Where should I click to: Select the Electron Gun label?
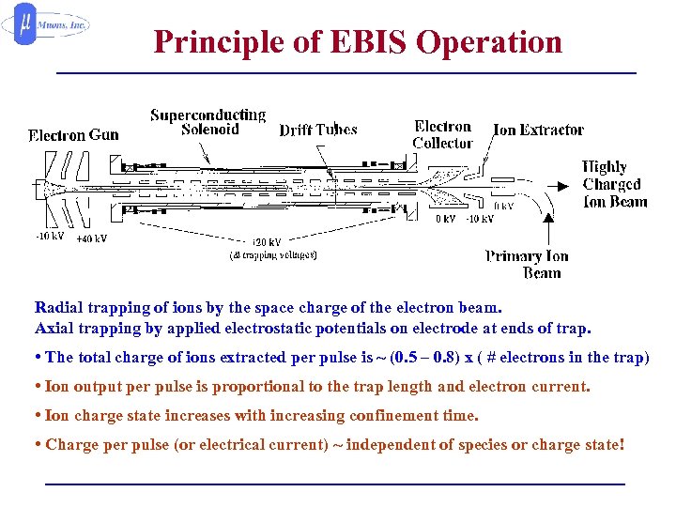[73, 134]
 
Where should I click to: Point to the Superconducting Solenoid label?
[208, 122]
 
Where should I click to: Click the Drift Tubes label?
[318, 130]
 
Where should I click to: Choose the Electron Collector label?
[442, 134]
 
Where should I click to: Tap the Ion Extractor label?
[538, 130]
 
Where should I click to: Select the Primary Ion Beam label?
[528, 264]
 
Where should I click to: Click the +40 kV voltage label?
[91, 238]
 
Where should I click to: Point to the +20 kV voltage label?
[268, 241]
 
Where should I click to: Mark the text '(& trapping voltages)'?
[273, 254]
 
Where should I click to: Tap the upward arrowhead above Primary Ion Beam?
[546, 218]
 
